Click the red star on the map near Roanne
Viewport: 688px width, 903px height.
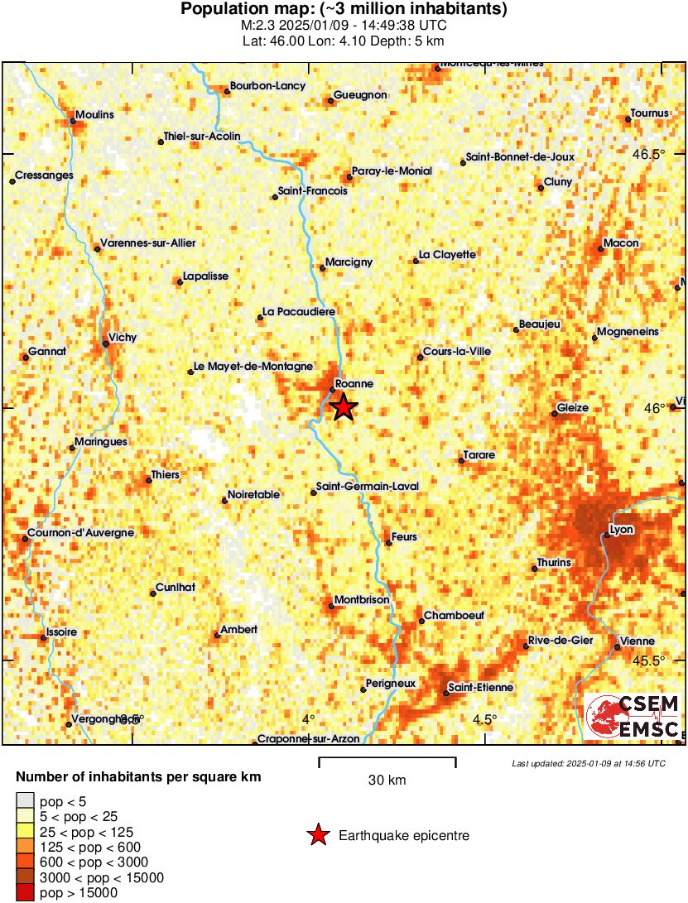point(344,407)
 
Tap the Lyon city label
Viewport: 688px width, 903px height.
point(621,529)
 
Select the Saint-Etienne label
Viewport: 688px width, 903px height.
point(480,687)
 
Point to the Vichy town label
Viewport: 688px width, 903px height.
point(123,338)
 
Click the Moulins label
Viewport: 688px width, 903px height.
point(94,115)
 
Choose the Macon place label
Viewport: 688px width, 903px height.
point(621,243)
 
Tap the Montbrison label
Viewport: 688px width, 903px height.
point(361,599)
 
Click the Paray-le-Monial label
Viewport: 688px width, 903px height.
point(392,171)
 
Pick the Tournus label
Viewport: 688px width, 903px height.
point(649,113)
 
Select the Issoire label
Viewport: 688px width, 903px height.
point(62,632)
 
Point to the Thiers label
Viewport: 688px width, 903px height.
point(164,475)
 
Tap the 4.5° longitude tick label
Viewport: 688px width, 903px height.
point(484,718)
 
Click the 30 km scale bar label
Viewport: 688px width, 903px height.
point(387,780)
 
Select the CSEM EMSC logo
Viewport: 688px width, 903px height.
point(633,717)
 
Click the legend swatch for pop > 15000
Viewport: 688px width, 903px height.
point(26,892)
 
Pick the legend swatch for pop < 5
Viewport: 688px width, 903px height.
point(26,800)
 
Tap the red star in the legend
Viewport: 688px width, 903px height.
point(317,836)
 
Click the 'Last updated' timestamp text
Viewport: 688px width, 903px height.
point(588,763)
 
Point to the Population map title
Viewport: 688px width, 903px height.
point(344,10)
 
